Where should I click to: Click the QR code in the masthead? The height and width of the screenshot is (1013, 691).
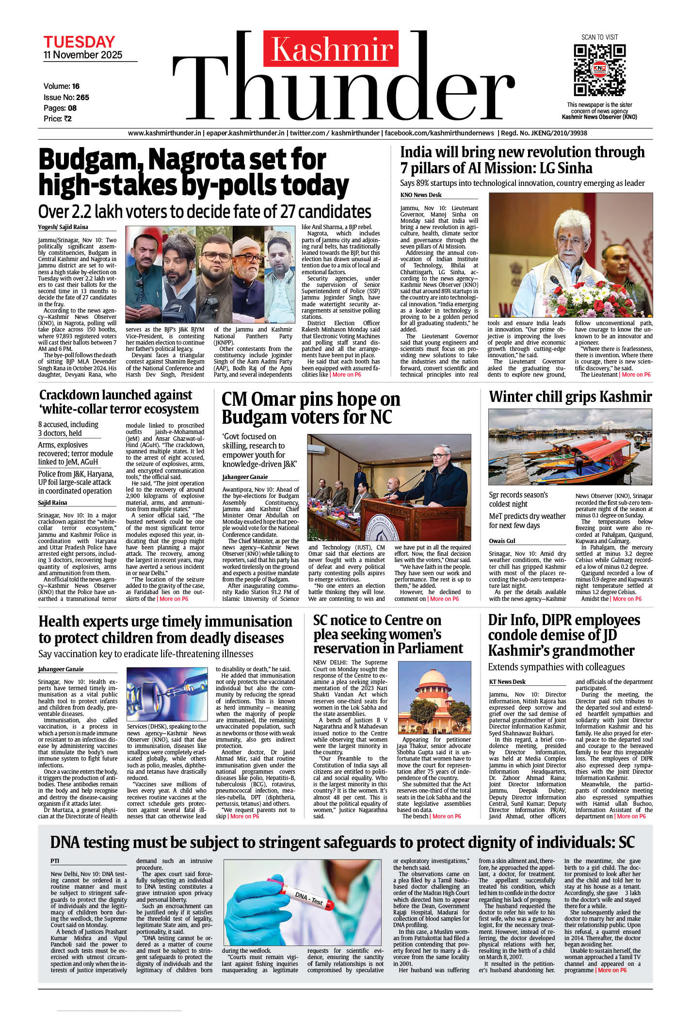599,70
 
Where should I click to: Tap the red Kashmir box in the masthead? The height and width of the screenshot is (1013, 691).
331,49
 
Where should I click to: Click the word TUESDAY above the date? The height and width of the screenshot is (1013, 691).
79,42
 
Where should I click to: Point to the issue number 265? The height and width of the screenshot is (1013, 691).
82,97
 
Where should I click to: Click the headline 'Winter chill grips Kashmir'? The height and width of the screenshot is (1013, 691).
570,397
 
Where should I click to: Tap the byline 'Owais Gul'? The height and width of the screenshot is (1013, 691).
502,541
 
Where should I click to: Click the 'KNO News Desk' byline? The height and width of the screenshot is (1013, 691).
421,195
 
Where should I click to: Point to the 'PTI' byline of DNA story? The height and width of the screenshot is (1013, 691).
55,861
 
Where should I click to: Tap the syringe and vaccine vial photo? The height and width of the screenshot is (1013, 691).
166,694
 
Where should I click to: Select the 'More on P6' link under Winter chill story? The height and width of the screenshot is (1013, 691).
627,598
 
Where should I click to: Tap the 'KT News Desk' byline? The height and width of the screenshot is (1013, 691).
507,681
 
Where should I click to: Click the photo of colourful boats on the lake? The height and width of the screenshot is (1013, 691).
570,447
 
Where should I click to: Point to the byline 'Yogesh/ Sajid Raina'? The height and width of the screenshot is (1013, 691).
63,227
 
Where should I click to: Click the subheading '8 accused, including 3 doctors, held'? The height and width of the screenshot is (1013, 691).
68,429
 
